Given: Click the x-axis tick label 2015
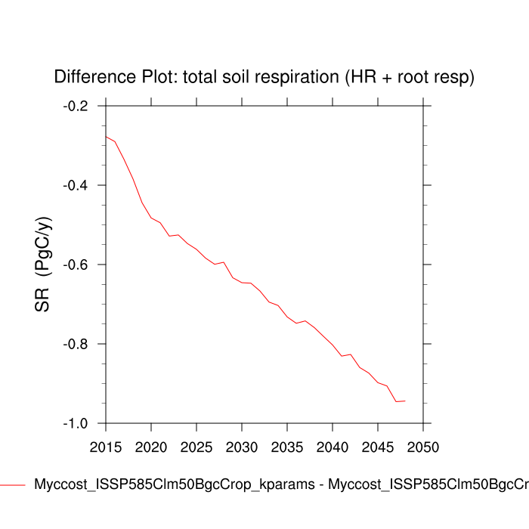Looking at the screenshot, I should click(x=105, y=447).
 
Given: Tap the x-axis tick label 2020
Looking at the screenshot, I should click(x=151, y=447).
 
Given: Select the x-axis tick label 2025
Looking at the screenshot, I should click(x=196, y=447).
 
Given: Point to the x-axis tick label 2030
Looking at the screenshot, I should click(x=241, y=447).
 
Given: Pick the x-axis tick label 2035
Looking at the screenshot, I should click(x=287, y=447).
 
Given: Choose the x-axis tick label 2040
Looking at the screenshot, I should click(x=333, y=447).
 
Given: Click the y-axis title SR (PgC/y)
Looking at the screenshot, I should click(x=43, y=264).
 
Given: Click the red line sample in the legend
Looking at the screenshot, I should click(x=13, y=484).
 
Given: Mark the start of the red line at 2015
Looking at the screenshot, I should click(x=106, y=137).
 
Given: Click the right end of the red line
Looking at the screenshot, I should click(x=406, y=401).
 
